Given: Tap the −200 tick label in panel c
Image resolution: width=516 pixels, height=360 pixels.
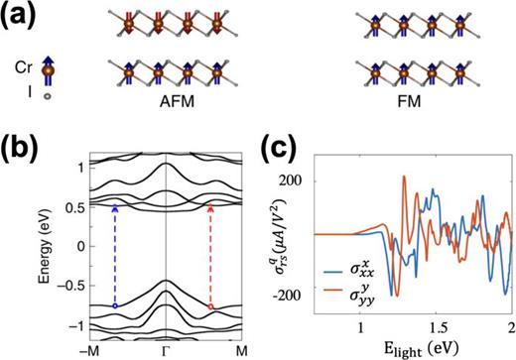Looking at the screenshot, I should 339,295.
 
